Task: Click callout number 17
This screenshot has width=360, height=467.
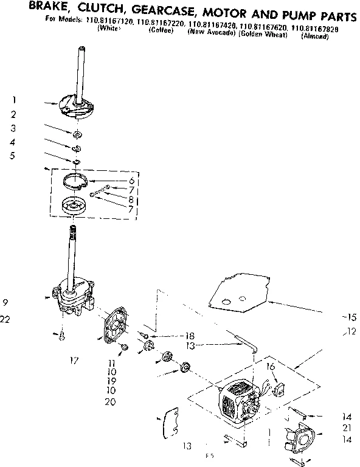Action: coord(74,361)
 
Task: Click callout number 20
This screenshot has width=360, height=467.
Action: coord(109,402)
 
